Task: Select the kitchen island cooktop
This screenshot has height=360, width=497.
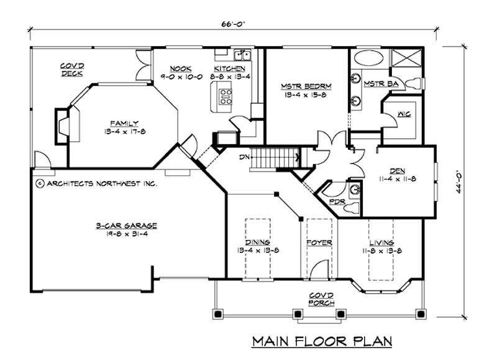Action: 225,96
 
